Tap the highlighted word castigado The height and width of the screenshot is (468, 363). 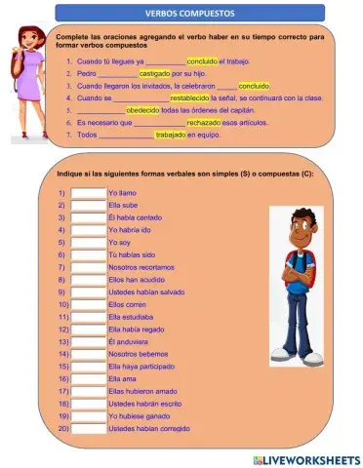155,73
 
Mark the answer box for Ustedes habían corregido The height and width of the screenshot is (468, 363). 88,429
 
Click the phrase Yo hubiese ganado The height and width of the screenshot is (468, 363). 137,416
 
